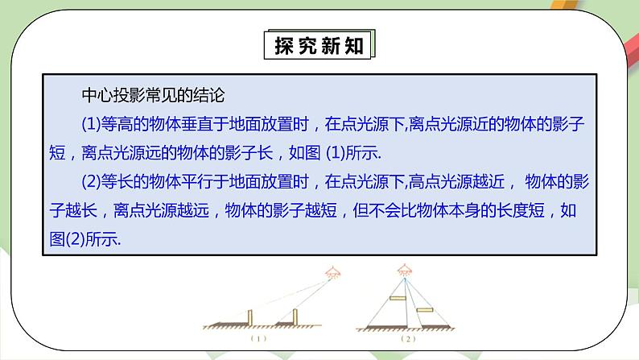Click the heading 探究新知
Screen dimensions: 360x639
(319, 46)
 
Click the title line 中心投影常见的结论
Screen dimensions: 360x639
(152, 95)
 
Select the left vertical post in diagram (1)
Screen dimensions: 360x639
(250, 315)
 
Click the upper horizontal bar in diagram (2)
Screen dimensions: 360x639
(396, 299)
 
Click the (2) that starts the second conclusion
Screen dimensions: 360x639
(90, 182)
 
